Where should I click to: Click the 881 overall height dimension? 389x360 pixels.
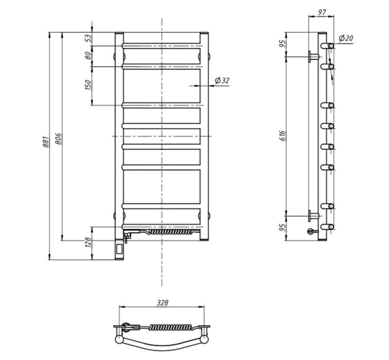46,142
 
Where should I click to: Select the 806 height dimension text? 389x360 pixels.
58,139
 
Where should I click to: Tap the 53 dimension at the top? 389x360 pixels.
88,38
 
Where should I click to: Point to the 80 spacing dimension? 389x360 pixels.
88,56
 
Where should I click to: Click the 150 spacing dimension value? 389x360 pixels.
88,85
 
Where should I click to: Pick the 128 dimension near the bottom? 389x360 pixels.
88,242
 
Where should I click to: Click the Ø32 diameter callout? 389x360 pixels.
222,80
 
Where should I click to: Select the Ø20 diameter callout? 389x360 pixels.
346,38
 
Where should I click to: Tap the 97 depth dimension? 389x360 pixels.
321,12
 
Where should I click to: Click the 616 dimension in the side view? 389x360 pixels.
283,136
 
